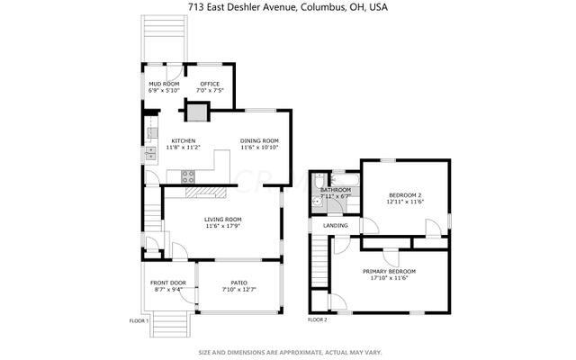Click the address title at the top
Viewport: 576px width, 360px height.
[287, 7]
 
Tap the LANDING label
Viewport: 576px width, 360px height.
[336, 225]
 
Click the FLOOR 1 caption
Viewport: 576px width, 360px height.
[139, 320]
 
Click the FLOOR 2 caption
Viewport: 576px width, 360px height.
[318, 320]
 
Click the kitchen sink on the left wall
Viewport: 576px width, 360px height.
[150, 154]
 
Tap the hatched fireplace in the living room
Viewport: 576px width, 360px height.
[203, 192]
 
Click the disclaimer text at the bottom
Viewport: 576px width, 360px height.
[287, 352]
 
